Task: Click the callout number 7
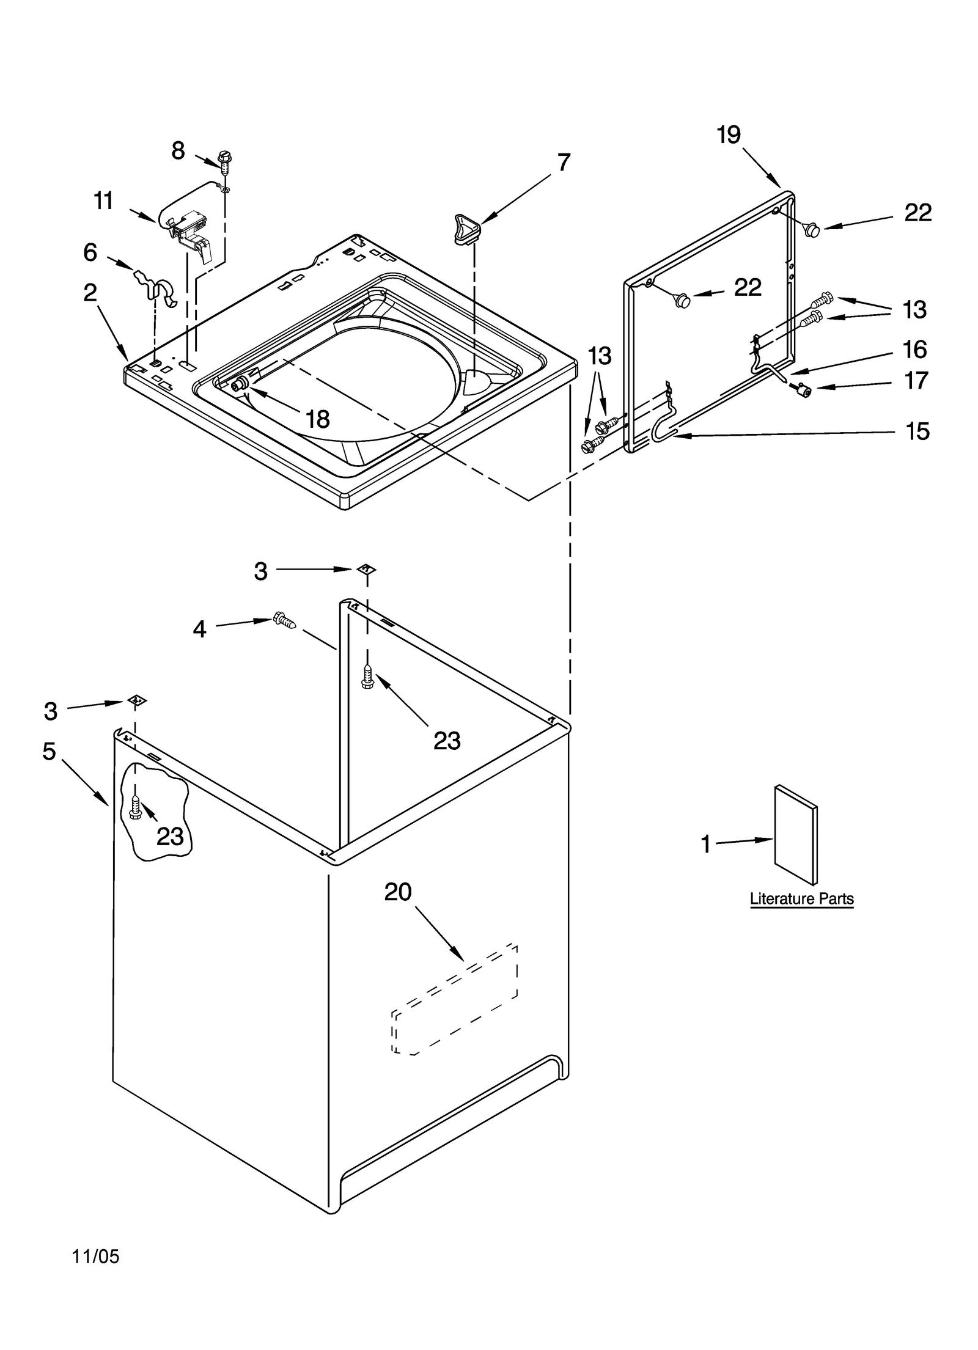coord(563,163)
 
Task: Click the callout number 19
coord(729,134)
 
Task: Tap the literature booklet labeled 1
coord(795,835)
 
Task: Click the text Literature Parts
coord(801,899)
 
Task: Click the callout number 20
coord(398,892)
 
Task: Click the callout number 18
coord(317,419)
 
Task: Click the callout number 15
coord(917,431)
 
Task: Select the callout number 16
coord(914,350)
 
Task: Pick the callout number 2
coord(90,293)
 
